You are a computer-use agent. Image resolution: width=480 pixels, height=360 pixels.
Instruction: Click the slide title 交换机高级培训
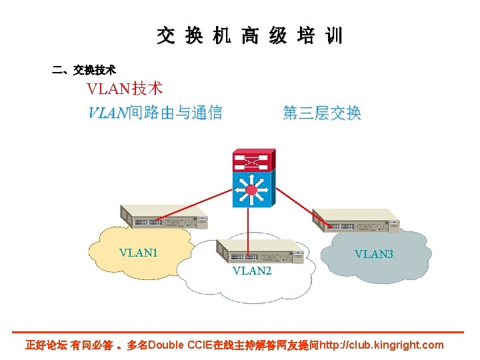tap(249, 36)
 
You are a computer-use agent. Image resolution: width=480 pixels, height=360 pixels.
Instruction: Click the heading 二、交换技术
tap(84, 69)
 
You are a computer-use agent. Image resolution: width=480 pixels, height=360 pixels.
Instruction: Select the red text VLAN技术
tap(125, 89)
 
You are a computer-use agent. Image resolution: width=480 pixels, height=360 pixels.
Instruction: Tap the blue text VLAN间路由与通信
tap(155, 113)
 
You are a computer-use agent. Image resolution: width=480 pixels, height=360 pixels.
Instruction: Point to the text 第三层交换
tap(322, 113)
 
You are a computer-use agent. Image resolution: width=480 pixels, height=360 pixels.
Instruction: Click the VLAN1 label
tap(138, 253)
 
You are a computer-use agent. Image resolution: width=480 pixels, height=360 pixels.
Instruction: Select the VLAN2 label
tap(252, 271)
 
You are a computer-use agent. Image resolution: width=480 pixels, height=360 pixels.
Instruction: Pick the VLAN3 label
tap(373, 254)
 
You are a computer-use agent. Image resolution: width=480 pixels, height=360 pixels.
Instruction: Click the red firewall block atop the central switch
tap(252, 160)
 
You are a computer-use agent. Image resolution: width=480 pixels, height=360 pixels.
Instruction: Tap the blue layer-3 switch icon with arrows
tap(252, 190)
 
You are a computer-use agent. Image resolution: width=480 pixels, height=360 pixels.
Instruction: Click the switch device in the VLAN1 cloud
tap(164, 216)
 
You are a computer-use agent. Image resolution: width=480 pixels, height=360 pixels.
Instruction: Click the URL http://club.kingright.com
tap(381, 345)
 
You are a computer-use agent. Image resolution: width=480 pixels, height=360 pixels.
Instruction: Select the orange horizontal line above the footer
tap(240, 332)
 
